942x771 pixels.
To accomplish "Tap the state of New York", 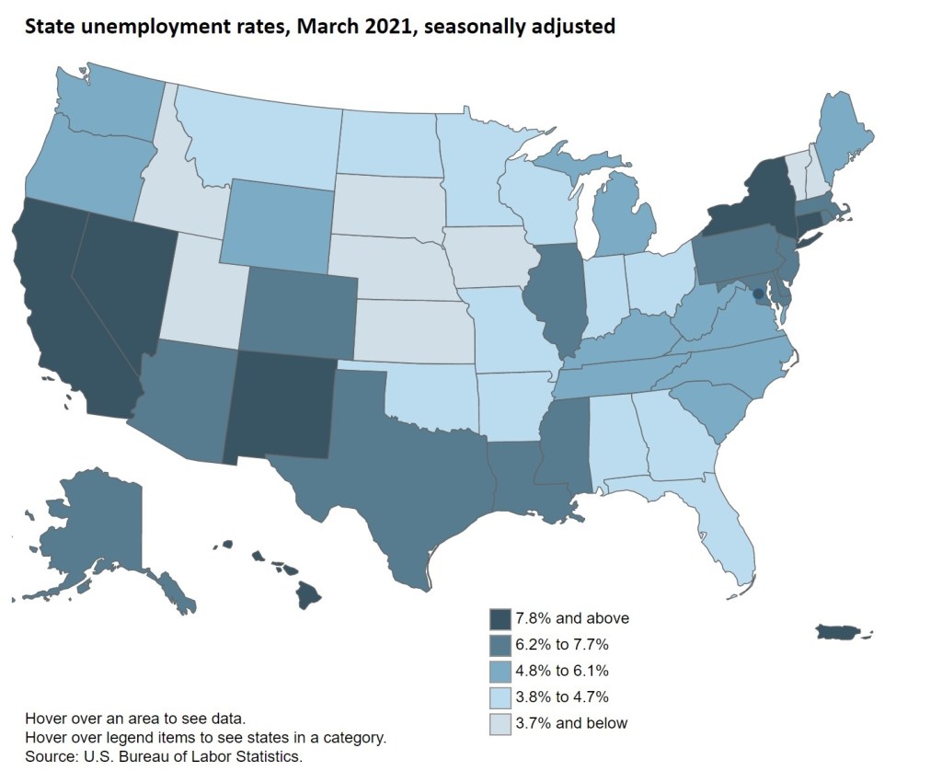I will (x=754, y=202).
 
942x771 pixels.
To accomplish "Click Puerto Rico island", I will (x=837, y=632).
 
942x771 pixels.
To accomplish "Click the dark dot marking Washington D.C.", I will (x=758, y=293).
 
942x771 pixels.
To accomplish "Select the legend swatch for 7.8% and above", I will (x=500, y=618).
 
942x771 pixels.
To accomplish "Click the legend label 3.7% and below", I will (x=570, y=723).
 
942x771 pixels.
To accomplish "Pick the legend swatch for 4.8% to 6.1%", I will (x=500, y=671).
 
